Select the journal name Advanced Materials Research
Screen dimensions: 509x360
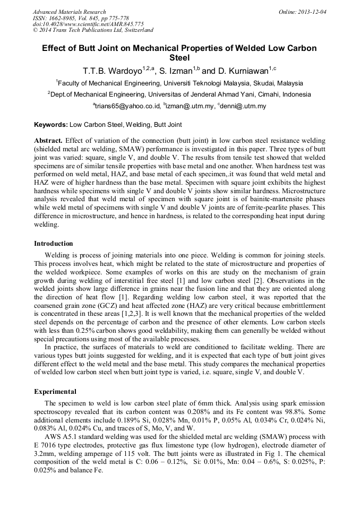pos(69,12)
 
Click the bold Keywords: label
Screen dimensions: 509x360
pos(51,125)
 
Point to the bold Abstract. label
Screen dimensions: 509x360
pos(48,141)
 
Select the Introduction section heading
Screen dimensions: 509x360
pos(54,244)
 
